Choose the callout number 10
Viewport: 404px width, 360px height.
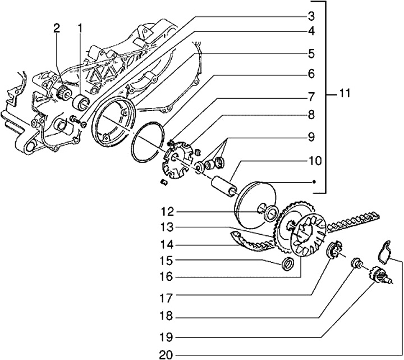315,161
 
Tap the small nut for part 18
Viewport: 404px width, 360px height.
355,262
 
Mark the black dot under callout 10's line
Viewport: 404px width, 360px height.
314,182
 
